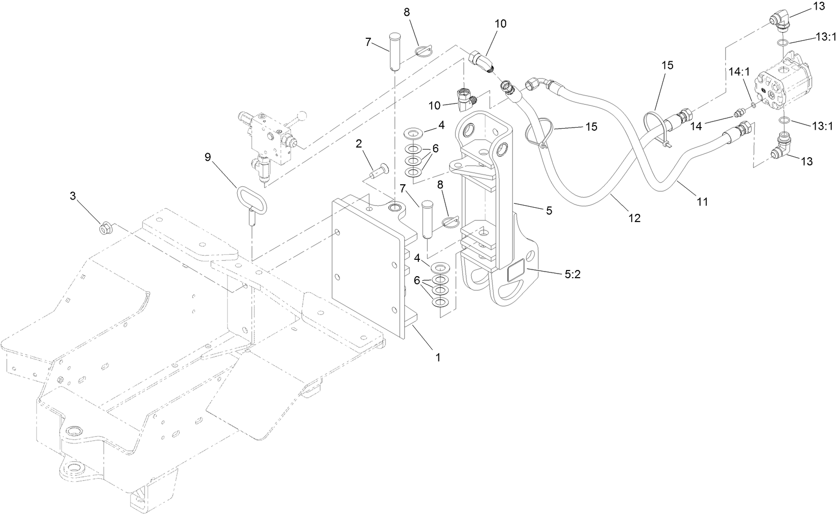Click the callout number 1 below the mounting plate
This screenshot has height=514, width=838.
[437, 357]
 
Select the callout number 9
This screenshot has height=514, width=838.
[208, 157]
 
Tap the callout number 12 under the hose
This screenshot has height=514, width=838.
[634, 218]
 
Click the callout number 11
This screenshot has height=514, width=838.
[703, 202]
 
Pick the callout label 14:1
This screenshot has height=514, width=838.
[738, 72]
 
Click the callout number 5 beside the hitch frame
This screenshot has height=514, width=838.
[549, 210]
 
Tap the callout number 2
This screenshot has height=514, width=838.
[359, 144]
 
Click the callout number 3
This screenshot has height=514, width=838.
[73, 195]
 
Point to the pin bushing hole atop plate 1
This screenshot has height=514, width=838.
[395, 208]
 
